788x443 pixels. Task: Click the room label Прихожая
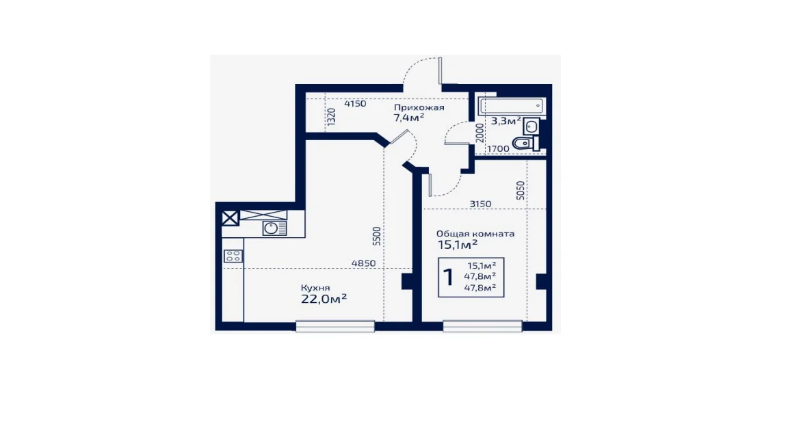pyautogui.click(x=419, y=107)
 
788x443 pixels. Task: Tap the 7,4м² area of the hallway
pyautogui.click(x=408, y=118)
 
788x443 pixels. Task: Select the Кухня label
pyautogui.click(x=315, y=288)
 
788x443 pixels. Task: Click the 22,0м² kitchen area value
pyautogui.click(x=324, y=299)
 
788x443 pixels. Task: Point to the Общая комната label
pyautogui.click(x=475, y=234)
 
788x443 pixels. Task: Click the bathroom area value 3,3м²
pyautogui.click(x=505, y=120)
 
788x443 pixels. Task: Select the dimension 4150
pyautogui.click(x=355, y=104)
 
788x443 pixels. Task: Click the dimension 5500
pyautogui.click(x=377, y=236)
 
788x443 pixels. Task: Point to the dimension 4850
pyautogui.click(x=363, y=263)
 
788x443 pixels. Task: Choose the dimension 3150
pyautogui.click(x=480, y=204)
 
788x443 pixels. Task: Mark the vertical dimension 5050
pyautogui.click(x=521, y=191)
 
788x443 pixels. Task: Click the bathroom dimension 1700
pyautogui.click(x=498, y=148)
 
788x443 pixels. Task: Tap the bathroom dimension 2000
pyautogui.click(x=480, y=133)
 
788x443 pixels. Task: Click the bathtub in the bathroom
pyautogui.click(x=512, y=106)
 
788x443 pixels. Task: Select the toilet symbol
pyautogui.click(x=525, y=144)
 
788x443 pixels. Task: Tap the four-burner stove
pyautogui.click(x=233, y=256)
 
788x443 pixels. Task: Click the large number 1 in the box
pyautogui.click(x=448, y=277)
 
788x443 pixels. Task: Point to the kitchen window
pyautogui.click(x=335, y=326)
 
